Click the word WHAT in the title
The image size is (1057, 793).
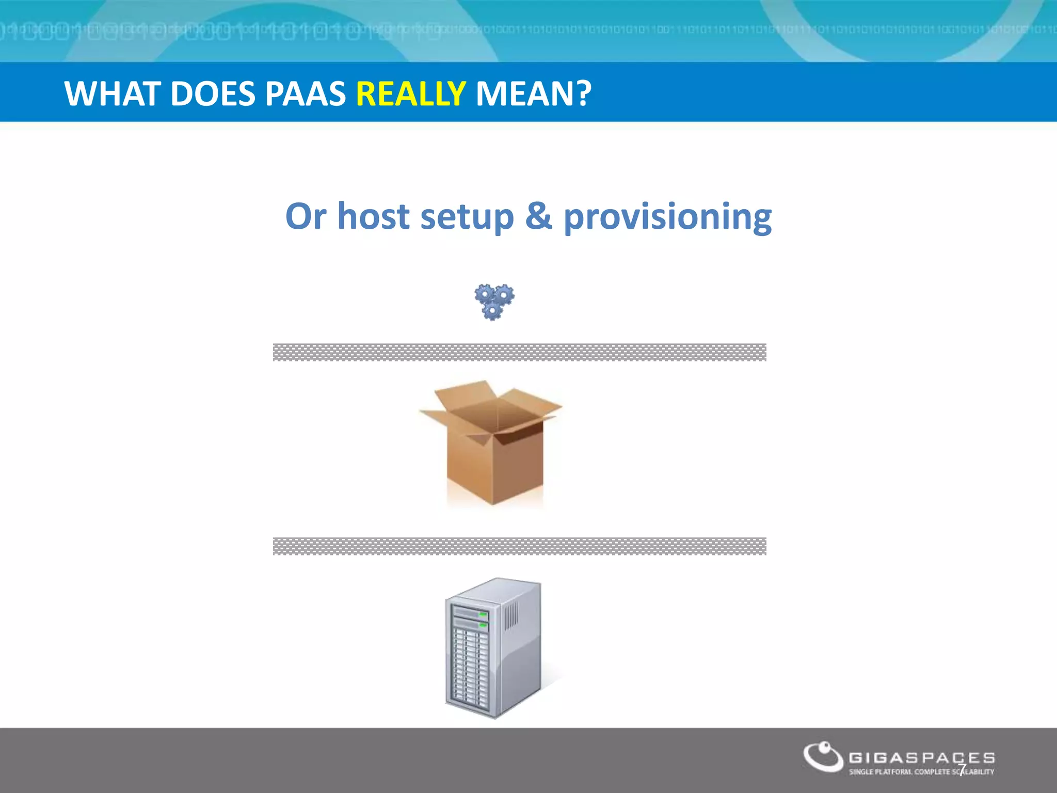point(111,94)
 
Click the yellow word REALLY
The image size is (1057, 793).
point(411,94)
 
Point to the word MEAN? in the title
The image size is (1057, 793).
point(533,94)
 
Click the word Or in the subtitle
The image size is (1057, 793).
point(306,216)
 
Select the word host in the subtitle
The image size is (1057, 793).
point(373,216)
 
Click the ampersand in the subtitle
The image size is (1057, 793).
point(538,216)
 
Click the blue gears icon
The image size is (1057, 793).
point(494,302)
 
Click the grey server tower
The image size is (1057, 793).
point(493,648)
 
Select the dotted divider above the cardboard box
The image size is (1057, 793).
point(519,352)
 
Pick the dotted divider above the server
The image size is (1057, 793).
point(519,546)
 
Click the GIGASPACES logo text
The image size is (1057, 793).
point(922,758)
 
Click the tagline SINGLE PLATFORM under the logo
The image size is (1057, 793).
point(880,772)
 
